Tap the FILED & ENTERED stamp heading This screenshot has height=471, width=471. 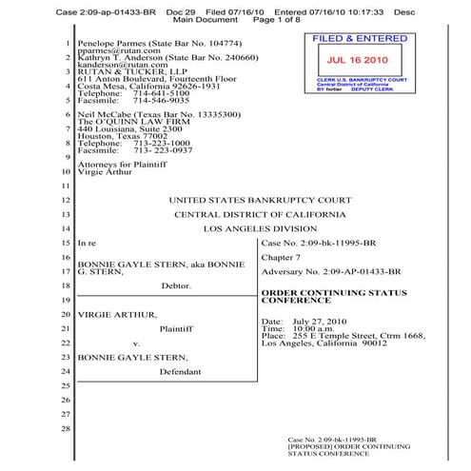click(x=352, y=39)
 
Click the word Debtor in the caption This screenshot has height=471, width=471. click(x=178, y=285)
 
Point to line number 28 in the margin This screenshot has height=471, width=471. click(x=65, y=428)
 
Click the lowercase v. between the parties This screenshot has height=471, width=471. click(x=137, y=342)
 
